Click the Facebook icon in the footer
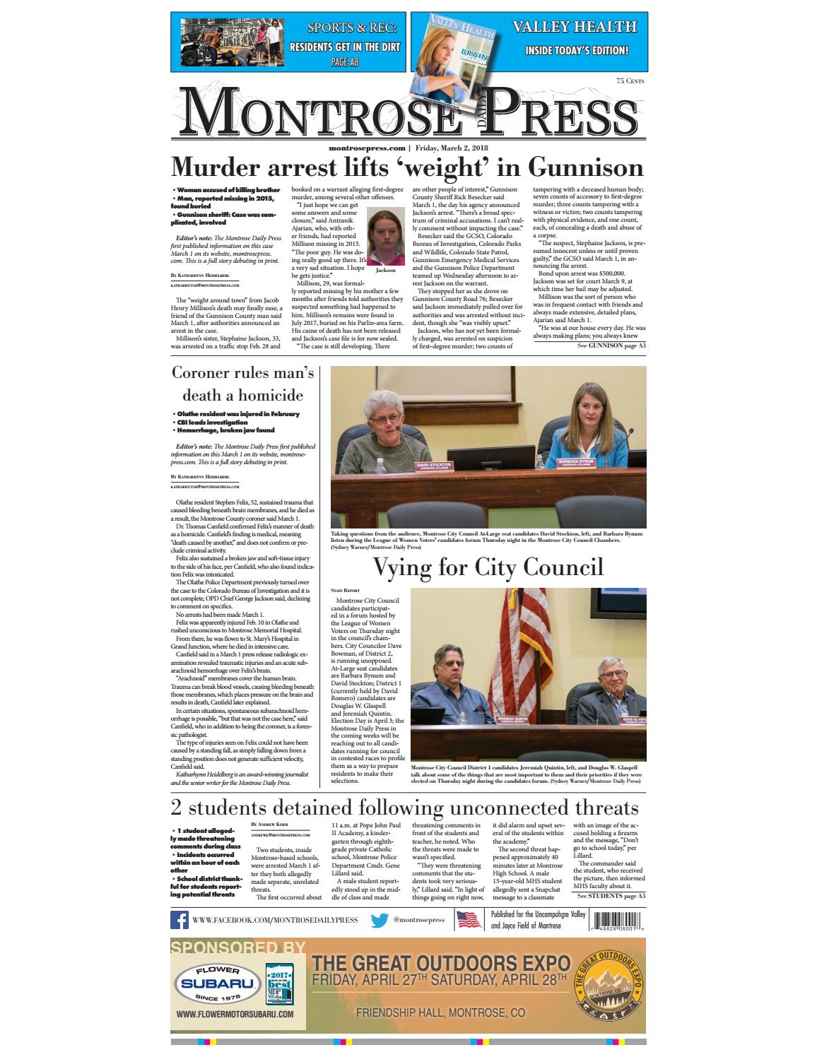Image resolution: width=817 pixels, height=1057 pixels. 179,921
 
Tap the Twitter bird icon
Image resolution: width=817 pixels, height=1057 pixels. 380,921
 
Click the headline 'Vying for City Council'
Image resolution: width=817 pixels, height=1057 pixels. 488,567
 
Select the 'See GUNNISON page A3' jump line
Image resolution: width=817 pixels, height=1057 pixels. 611,346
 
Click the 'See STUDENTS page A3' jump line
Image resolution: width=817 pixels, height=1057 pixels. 611,896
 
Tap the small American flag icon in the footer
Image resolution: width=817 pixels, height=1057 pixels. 469,920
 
